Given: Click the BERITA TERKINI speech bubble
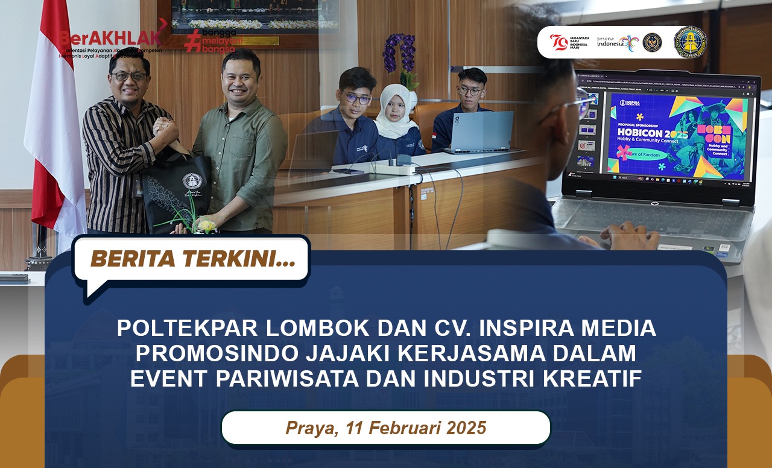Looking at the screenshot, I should [192, 259].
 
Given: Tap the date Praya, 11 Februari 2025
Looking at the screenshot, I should [386, 428].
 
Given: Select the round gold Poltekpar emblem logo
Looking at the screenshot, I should [689, 42].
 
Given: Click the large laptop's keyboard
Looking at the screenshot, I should [651, 220].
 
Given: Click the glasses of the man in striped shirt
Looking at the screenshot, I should [130, 77].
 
